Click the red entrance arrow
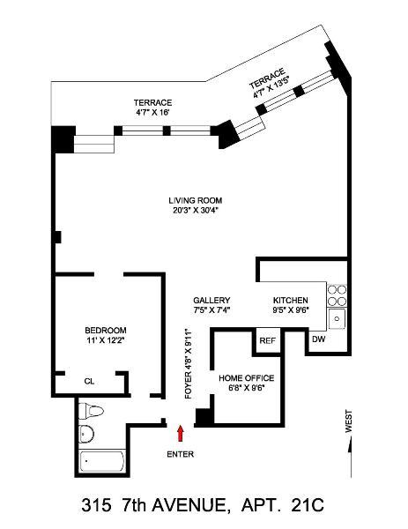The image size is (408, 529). [x=181, y=432]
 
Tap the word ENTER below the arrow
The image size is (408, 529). [x=180, y=454]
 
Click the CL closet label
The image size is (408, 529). [x=89, y=382]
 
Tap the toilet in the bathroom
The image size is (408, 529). [x=92, y=411]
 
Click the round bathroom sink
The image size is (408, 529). [x=86, y=434]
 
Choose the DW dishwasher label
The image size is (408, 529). [x=318, y=339]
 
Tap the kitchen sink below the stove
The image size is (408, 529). [x=338, y=318]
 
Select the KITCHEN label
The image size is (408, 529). [x=290, y=300]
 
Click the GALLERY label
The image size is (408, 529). [x=211, y=300]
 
